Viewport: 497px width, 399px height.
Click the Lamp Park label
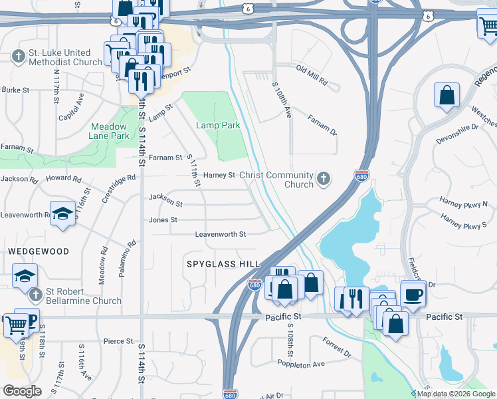point(217,125)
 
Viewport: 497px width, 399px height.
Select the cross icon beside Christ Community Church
point(323,178)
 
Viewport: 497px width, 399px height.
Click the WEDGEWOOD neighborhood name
point(39,251)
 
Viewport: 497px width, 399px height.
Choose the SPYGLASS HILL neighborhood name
point(222,264)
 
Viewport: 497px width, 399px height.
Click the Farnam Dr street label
point(322,124)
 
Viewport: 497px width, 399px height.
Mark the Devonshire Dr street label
point(457,134)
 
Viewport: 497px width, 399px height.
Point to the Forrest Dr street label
point(336,346)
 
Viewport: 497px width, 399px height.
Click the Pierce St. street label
point(119,341)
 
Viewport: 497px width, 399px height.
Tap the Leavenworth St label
point(220,234)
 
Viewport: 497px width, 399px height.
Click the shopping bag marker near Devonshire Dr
point(447,94)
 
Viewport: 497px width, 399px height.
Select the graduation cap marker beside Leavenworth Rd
point(62,213)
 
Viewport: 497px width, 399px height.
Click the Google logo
point(23,391)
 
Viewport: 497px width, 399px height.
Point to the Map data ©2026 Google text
point(453,394)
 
